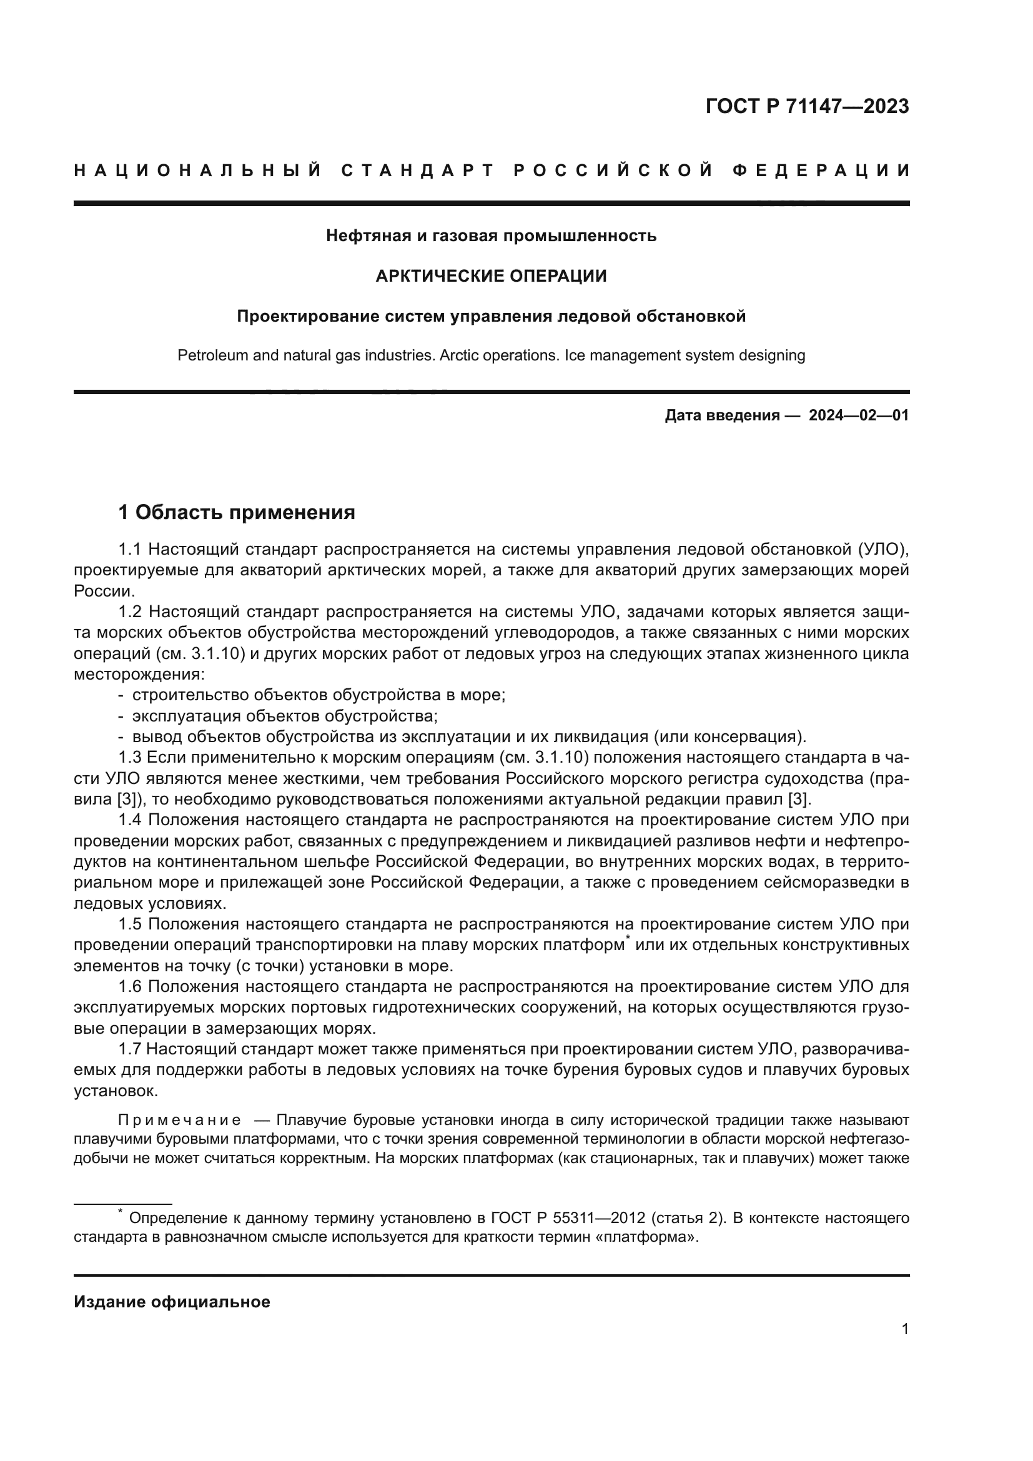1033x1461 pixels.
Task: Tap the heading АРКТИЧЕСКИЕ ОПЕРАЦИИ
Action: click(491, 276)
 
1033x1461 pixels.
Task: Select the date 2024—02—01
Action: click(859, 416)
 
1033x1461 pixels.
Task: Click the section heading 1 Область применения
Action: click(237, 512)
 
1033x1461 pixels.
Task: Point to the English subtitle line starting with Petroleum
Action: click(491, 355)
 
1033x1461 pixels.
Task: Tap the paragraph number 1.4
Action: click(130, 820)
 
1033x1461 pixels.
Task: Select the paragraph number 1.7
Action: click(130, 1049)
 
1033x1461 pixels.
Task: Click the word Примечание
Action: click(179, 1120)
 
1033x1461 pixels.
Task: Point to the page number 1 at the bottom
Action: click(904, 1329)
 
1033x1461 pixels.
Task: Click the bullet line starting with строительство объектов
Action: click(318, 695)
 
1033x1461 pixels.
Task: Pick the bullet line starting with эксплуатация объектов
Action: click(284, 716)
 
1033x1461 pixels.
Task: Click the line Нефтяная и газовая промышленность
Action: click(491, 236)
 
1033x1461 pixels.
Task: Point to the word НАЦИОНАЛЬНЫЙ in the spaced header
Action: click(197, 171)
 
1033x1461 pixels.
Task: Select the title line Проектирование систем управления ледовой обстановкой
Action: click(491, 316)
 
